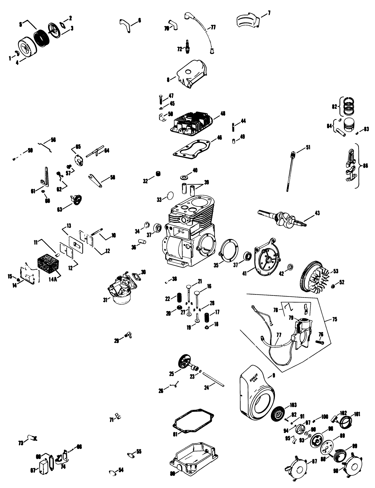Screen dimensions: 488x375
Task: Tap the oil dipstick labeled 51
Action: click(290, 171)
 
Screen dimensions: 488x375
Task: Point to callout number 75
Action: click(334, 320)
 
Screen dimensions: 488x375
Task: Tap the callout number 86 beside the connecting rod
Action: click(365, 166)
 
